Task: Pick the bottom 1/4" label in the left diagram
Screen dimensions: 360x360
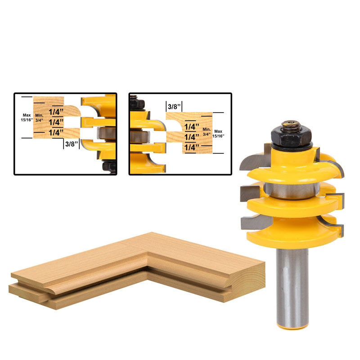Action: click(x=56, y=133)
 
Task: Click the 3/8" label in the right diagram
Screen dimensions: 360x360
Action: click(x=174, y=107)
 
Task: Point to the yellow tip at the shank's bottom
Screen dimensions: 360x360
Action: click(x=292, y=326)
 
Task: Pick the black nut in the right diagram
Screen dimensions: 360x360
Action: click(x=137, y=103)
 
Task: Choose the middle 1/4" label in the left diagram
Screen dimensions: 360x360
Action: click(x=56, y=122)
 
